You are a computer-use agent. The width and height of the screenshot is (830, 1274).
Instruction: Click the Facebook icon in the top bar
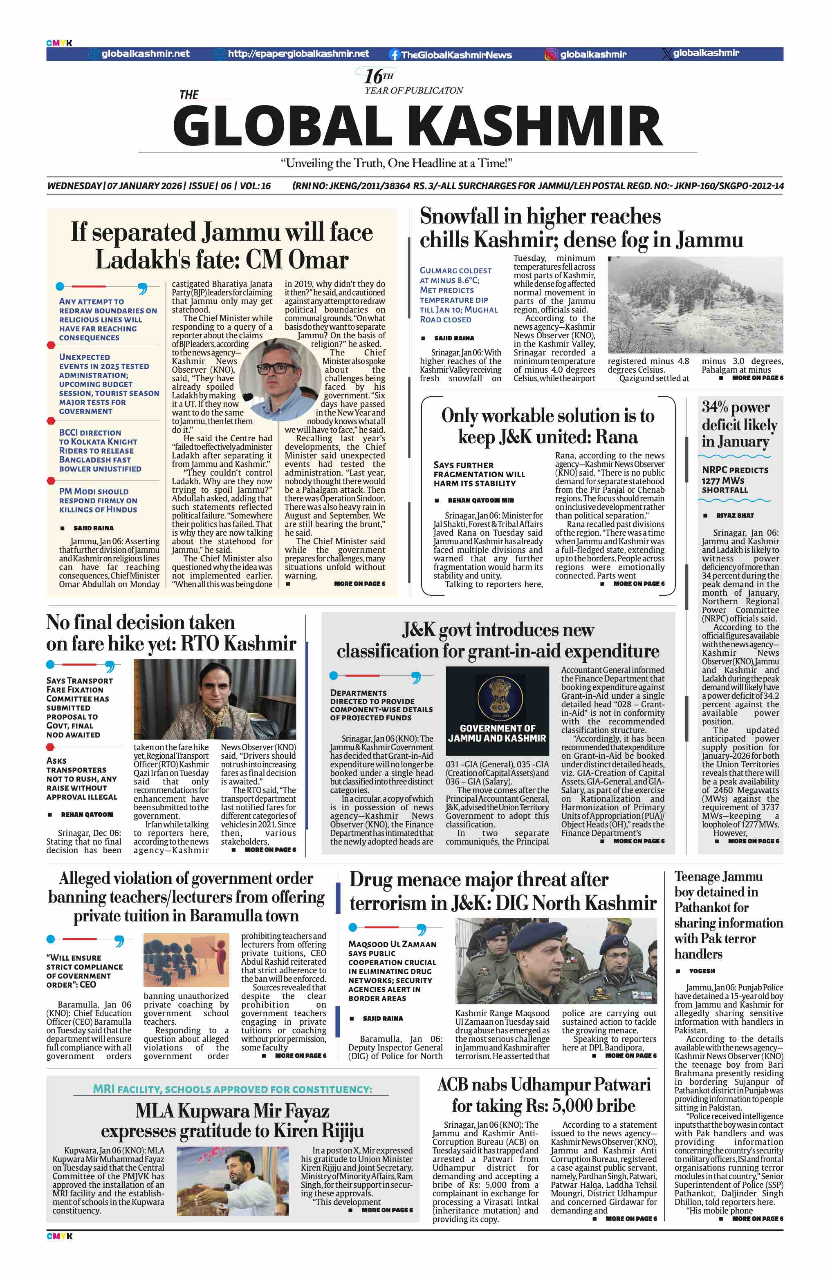[395, 55]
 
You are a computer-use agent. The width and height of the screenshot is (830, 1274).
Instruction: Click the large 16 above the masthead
[373, 76]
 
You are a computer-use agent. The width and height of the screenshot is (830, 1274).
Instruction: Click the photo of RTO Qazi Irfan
[214, 699]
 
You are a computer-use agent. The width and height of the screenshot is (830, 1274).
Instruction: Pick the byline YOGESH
[702, 970]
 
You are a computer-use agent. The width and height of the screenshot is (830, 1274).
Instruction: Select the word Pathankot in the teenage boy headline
[712, 907]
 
